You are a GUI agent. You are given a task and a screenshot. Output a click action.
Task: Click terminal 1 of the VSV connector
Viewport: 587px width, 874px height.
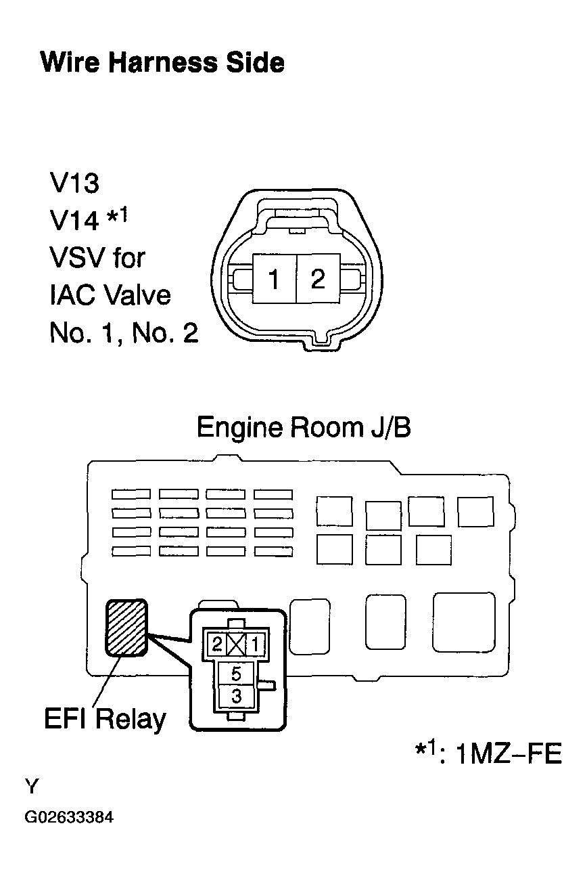[275, 279]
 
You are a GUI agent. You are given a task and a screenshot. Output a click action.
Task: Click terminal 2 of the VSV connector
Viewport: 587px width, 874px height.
[319, 279]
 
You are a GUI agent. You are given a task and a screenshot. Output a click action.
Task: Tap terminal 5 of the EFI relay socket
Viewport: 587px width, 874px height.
[236, 674]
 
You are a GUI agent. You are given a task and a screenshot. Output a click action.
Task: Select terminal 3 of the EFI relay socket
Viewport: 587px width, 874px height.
[236, 697]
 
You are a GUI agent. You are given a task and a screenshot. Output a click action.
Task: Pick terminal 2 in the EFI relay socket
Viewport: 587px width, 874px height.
[217, 644]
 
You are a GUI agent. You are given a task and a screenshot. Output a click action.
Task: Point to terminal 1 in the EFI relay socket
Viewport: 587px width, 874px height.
[256, 644]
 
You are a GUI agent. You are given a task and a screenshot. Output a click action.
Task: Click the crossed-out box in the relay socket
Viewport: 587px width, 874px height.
[237, 644]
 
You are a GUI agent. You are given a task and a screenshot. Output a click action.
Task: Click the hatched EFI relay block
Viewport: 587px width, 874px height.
[126, 628]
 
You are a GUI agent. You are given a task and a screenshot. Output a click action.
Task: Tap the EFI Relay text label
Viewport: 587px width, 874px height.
[105, 719]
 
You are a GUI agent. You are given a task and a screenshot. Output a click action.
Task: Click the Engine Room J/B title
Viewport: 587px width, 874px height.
[304, 427]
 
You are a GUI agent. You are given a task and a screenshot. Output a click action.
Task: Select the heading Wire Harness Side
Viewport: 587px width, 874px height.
[162, 62]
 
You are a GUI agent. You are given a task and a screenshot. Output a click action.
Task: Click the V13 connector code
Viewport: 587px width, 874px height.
[74, 183]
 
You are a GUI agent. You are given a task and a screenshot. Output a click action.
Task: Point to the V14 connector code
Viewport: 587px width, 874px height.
[74, 221]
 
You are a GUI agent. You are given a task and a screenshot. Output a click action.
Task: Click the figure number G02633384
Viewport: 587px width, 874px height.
[69, 816]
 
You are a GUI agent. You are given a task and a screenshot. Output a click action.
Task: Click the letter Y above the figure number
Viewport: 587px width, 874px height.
[32, 786]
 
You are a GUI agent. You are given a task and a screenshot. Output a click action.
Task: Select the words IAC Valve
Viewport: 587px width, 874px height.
[110, 295]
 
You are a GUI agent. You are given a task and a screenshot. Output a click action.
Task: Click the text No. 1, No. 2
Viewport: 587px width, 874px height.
[124, 333]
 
